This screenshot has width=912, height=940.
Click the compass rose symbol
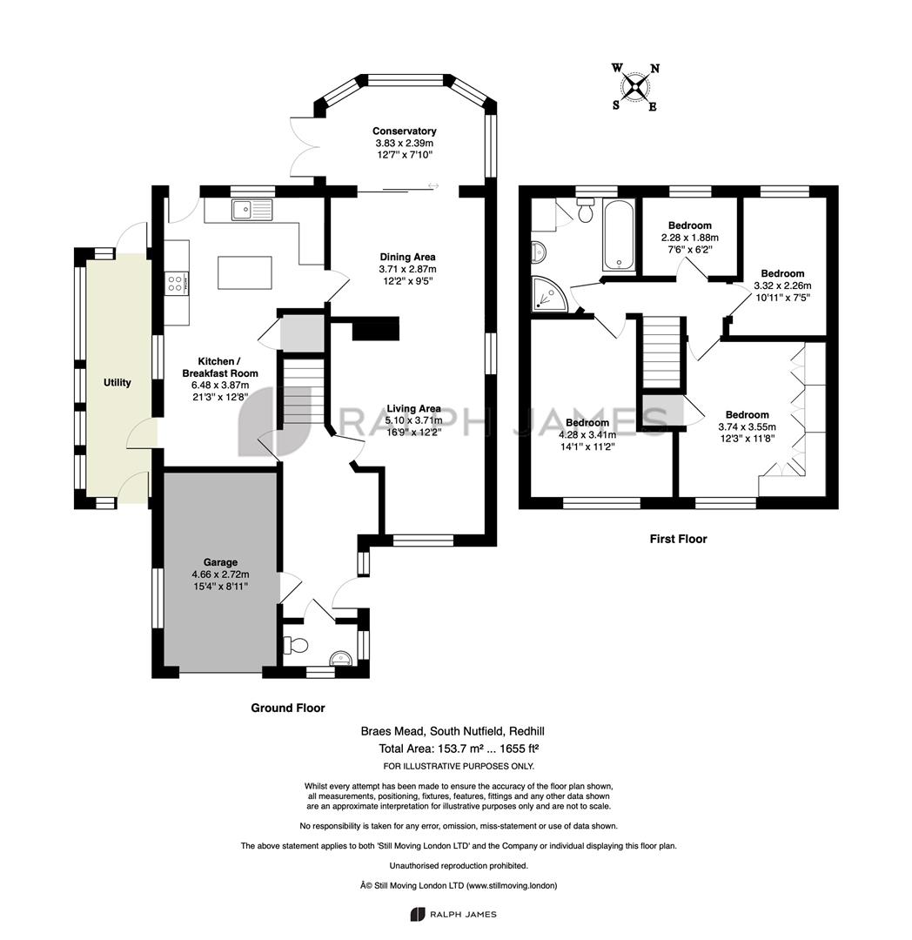pyautogui.click(x=635, y=88)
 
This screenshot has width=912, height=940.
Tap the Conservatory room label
pyautogui.click(x=404, y=131)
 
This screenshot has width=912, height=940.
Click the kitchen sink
pyautogui.click(x=251, y=209)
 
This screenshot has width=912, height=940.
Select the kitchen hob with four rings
pyautogui.click(x=177, y=283)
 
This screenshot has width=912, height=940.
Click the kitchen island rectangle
pyautogui.click(x=245, y=272)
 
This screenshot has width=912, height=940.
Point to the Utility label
pyautogui.click(x=117, y=382)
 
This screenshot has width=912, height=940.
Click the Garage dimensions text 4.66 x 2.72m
pyautogui.click(x=220, y=574)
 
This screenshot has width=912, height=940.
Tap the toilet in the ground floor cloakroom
pyautogui.click(x=295, y=645)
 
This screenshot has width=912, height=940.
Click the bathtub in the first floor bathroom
pyautogui.click(x=620, y=236)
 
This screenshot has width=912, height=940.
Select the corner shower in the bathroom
pyautogui.click(x=547, y=294)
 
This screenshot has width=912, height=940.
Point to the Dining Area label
pyautogui.click(x=407, y=257)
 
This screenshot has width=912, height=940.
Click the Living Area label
pyautogui.click(x=413, y=408)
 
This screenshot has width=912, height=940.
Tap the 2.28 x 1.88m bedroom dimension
pyautogui.click(x=690, y=238)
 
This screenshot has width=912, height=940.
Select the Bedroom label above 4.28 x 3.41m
pyautogui.click(x=587, y=423)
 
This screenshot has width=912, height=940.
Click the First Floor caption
pyautogui.click(x=678, y=539)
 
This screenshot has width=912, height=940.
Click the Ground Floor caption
pyautogui.click(x=288, y=708)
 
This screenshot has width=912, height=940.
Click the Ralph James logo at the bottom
pyautogui.click(x=453, y=914)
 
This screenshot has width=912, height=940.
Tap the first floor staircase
pyautogui.click(x=663, y=352)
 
